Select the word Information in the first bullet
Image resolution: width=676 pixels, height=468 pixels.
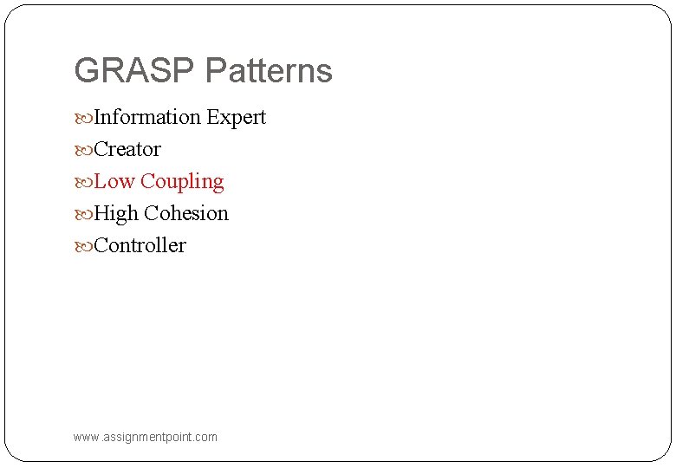click(x=146, y=117)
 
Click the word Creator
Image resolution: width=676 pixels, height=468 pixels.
click(x=127, y=149)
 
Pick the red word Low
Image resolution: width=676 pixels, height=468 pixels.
click(x=114, y=181)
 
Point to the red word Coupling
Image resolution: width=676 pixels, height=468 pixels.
click(x=182, y=182)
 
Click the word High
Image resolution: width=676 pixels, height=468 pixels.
click(x=116, y=214)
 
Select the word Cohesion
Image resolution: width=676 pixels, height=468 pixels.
click(x=186, y=213)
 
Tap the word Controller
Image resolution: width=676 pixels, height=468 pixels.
click(x=140, y=245)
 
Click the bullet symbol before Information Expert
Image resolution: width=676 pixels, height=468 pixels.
click(x=83, y=118)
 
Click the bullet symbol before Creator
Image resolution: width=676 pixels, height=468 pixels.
click(x=83, y=150)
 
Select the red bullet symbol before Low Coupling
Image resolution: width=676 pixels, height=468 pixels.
click(x=83, y=182)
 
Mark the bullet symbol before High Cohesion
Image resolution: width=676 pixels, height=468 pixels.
click(x=83, y=214)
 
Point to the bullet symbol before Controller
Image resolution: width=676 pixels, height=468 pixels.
click(x=83, y=246)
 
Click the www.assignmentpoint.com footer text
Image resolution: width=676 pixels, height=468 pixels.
click(x=146, y=437)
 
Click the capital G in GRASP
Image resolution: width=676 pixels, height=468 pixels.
click(x=87, y=71)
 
